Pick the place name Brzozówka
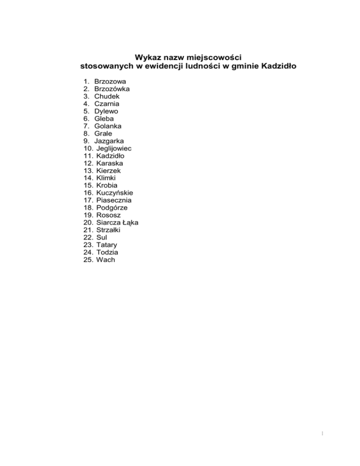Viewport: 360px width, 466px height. pyautogui.click(x=112, y=89)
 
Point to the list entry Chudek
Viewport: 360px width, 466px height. pyautogui.click(x=107, y=96)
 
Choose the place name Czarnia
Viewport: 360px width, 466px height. pyautogui.click(x=107, y=104)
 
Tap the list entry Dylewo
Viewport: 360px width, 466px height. pyautogui.click(x=106, y=111)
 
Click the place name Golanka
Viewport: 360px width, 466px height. pyautogui.click(x=108, y=126)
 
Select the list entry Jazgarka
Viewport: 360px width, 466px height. pyautogui.click(x=109, y=141)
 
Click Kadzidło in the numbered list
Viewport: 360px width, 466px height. pyautogui.click(x=111, y=156)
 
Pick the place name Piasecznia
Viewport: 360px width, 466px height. pyautogui.click(x=114, y=200)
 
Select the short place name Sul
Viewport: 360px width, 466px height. pyautogui.click(x=102, y=237)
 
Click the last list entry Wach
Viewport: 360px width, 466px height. pyautogui.click(x=105, y=260)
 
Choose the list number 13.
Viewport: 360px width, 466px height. pyautogui.click(x=88, y=171)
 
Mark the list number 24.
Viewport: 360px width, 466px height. pyautogui.click(x=88, y=252)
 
